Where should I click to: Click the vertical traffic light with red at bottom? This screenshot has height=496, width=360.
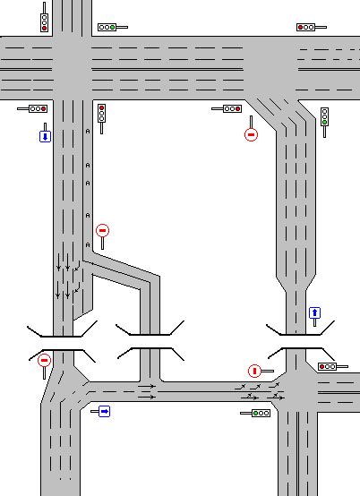point(44,21)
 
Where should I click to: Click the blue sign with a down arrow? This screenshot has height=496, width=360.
point(45,136)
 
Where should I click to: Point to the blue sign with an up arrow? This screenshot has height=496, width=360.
point(314,313)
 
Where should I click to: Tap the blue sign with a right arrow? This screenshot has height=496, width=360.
point(104,411)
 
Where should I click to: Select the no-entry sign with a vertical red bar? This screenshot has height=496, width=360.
point(254,371)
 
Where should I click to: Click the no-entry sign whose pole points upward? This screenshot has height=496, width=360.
point(251,134)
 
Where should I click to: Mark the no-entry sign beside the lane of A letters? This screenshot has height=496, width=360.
point(102,231)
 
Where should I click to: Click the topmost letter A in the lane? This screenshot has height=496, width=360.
point(88,131)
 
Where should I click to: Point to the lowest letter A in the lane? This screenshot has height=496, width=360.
point(88,244)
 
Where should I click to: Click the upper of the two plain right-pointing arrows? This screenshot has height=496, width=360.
point(147,386)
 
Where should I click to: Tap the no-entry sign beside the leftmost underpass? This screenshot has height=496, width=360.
point(44,360)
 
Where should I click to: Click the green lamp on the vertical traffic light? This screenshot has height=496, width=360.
point(324,123)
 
